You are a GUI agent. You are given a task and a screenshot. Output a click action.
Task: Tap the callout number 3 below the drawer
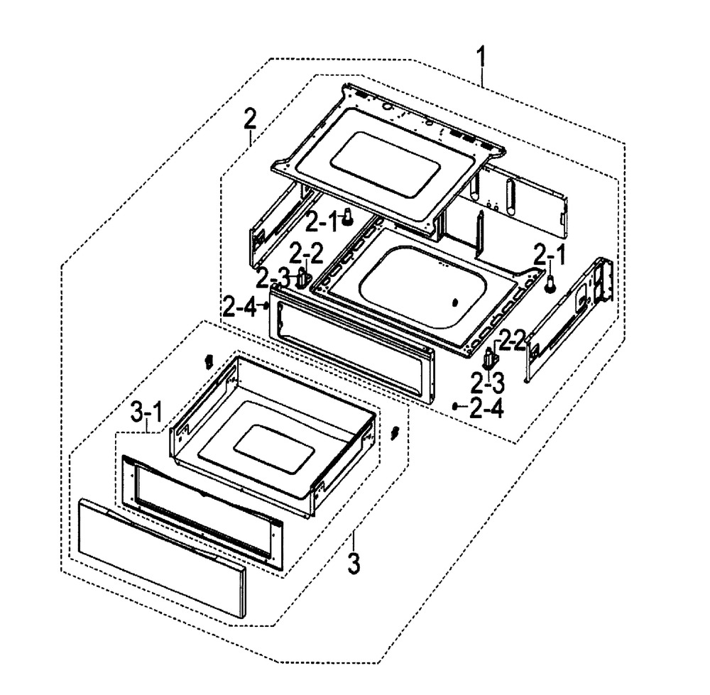coord(354,564)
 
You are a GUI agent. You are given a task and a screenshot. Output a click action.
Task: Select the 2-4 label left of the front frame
coord(239,307)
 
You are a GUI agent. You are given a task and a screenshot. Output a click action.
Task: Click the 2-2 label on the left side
coord(305,252)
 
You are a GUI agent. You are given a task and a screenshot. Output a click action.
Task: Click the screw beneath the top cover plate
coord(347,218)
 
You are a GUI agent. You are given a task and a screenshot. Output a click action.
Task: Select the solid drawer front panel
coord(161,554)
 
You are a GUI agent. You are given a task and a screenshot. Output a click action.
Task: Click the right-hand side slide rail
coord(569,319)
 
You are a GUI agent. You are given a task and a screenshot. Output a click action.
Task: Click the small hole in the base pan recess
coord(454,302)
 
